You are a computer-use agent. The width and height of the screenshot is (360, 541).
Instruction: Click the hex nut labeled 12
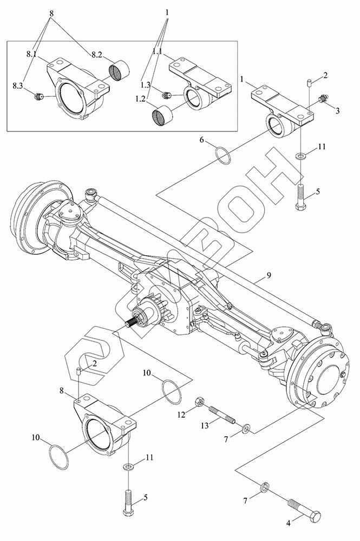[x=199, y=403]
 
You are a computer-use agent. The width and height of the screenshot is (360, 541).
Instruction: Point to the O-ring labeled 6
[x=222, y=154]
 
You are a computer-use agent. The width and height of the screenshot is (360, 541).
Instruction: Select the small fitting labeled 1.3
[x=167, y=96]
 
